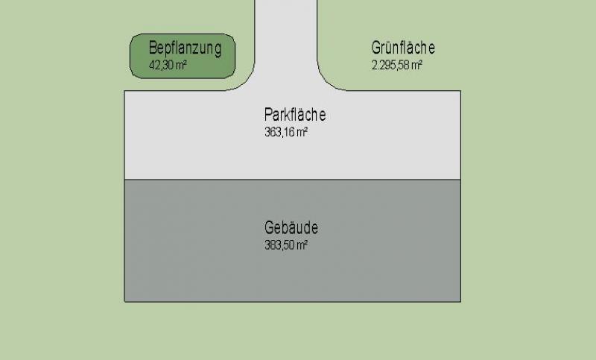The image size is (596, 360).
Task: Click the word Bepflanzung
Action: coord(185,48)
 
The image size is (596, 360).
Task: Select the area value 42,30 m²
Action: coord(168,65)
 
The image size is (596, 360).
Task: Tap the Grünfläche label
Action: coord(403,48)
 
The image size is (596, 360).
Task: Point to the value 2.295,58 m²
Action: coord(397,65)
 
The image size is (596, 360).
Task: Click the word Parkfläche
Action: coord(295,115)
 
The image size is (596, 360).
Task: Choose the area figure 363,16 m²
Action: coord(286,132)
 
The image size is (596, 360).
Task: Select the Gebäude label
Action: coord(291,227)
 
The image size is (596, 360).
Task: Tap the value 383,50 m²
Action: coord(286,244)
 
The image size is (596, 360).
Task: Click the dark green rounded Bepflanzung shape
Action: coord(183,56)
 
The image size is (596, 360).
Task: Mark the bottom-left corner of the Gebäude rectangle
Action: coord(124,302)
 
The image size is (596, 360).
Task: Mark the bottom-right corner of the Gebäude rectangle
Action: coord(460,302)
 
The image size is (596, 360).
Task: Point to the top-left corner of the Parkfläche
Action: coord(124,91)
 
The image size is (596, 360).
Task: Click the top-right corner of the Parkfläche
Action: coord(460,91)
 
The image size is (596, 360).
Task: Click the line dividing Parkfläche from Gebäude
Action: coord(293,180)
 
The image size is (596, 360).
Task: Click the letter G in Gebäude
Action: coord(269,227)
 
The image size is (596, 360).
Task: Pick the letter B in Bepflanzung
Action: coord(153,48)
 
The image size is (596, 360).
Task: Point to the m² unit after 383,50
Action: coord(302,244)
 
